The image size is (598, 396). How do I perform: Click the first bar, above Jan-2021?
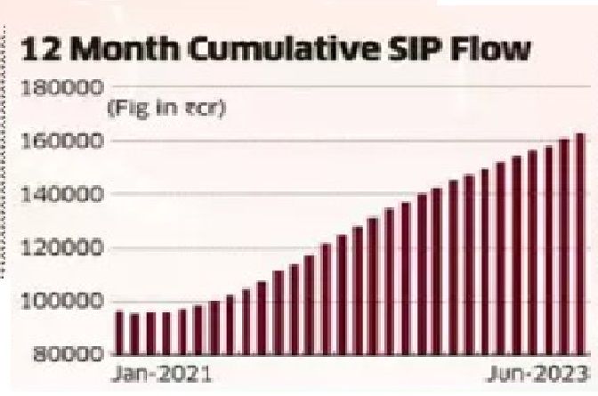(119, 332)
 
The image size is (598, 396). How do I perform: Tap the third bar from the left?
(150, 333)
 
